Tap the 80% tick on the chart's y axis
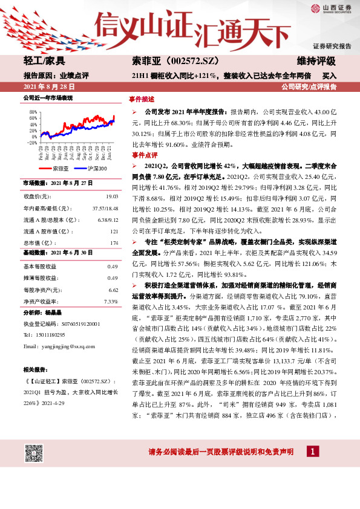coord(31,113)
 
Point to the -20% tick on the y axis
coord(31,143)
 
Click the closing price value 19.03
coord(112,196)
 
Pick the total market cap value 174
coord(114,242)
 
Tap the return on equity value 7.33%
coord(111,300)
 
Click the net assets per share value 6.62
coord(112,289)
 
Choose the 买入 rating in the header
coord(329,76)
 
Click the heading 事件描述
coord(142,99)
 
